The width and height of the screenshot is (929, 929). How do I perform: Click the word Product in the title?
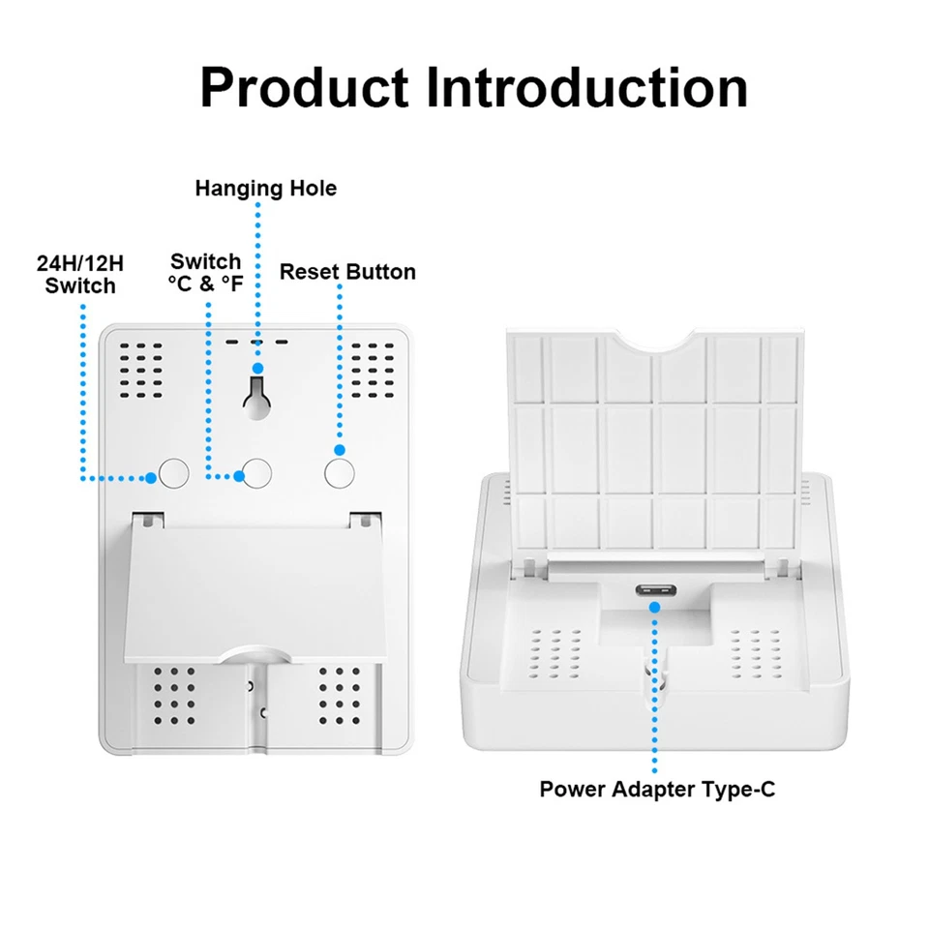pyautogui.click(x=304, y=88)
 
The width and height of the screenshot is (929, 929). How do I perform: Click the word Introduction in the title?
pyautogui.click(x=587, y=88)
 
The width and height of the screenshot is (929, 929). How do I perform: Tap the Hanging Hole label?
pyautogui.click(x=266, y=188)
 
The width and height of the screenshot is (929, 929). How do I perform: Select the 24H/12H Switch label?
pyautogui.click(x=80, y=274)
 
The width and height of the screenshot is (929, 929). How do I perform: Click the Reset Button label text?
pyautogui.click(x=347, y=272)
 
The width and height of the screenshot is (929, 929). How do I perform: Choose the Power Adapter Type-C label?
pyautogui.click(x=657, y=790)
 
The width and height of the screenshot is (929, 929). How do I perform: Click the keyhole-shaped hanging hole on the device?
pyautogui.click(x=257, y=397)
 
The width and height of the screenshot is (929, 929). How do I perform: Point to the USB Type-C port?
pyautogui.click(x=656, y=591)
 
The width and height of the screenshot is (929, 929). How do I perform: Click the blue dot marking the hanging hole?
pyautogui.click(x=257, y=369)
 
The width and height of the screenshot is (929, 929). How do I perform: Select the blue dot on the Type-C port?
pyautogui.click(x=656, y=606)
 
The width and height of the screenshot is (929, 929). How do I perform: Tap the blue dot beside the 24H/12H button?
pyautogui.click(x=151, y=477)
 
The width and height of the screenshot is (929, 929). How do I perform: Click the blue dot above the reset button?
pyautogui.click(x=340, y=450)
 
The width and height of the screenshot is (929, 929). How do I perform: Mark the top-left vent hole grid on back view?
pyautogui.click(x=141, y=369)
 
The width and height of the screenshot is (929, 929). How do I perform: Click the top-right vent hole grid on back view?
pyautogui.click(x=374, y=369)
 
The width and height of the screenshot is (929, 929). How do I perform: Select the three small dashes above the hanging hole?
pyautogui.click(x=257, y=342)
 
